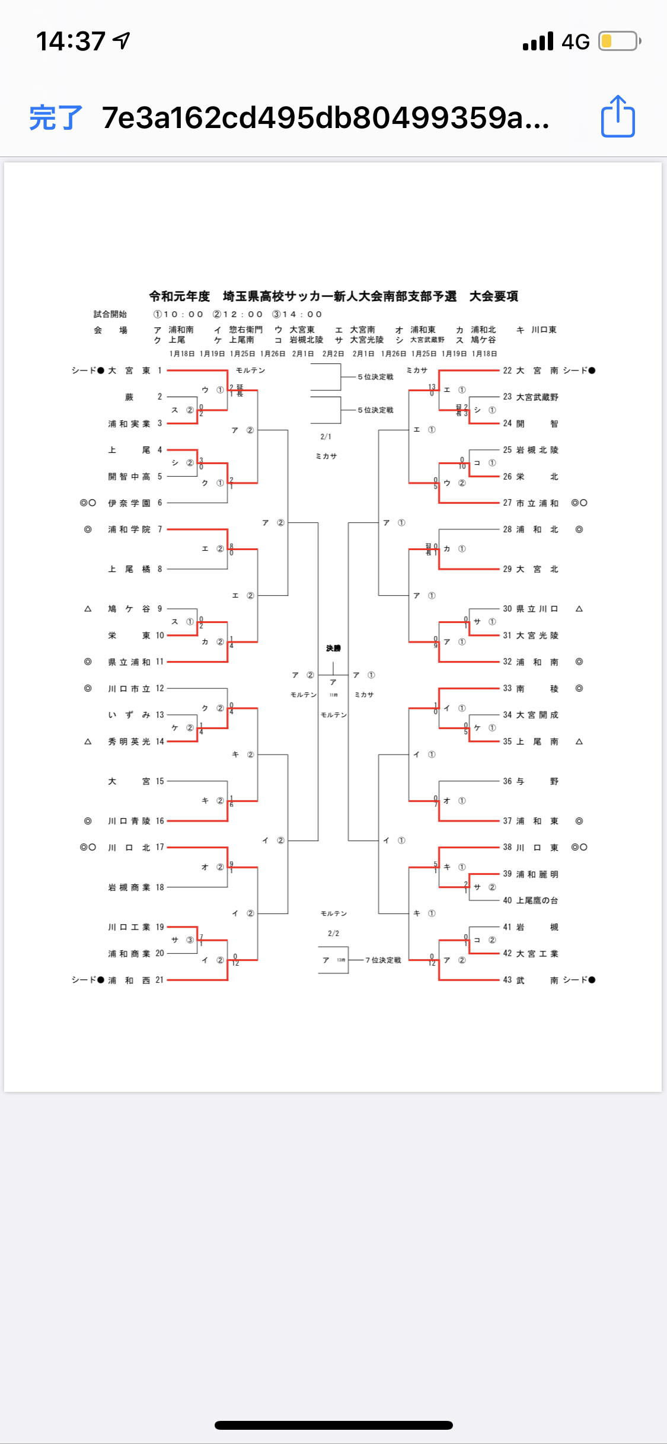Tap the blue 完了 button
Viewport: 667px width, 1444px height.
(56, 117)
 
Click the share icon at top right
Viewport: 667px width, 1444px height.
(618, 117)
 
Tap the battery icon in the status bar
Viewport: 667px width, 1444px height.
(619, 41)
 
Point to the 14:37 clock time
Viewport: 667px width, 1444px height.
(71, 41)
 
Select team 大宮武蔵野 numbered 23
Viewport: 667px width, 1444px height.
(537, 397)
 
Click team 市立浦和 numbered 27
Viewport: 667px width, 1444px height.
(537, 503)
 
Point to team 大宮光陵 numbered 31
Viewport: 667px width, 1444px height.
(537, 635)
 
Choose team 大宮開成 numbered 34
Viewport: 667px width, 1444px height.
(537, 715)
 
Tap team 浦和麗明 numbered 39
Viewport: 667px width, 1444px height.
(537, 874)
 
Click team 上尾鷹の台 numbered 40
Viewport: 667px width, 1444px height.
(537, 900)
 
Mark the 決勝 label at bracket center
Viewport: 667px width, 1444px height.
(333, 648)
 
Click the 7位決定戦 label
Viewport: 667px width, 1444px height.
(383, 960)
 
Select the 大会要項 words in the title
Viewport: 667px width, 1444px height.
(494, 296)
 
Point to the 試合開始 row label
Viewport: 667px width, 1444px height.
(110, 314)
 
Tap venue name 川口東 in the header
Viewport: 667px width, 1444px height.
(544, 330)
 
